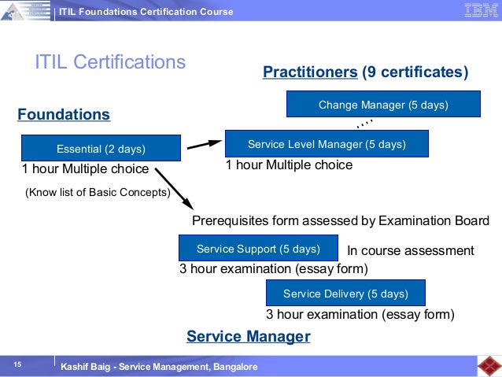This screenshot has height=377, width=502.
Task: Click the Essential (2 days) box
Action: (101, 148)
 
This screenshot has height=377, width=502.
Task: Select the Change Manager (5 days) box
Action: (383, 105)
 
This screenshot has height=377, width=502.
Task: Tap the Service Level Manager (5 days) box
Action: (327, 144)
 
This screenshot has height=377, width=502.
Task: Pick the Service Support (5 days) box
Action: (258, 249)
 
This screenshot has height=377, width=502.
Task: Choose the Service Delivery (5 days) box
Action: (345, 294)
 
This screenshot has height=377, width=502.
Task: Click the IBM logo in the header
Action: (479, 10)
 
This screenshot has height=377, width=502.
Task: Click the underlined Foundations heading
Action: (64, 114)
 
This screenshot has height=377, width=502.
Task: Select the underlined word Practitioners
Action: (310, 72)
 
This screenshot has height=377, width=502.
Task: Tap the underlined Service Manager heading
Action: (248, 337)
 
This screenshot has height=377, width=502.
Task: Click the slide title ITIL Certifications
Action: (110, 61)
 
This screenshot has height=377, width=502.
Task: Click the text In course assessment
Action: (411, 251)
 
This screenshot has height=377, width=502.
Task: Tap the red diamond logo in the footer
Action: (488, 366)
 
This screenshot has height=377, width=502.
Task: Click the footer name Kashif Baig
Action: (88, 368)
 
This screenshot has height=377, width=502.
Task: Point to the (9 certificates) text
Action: (415, 72)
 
